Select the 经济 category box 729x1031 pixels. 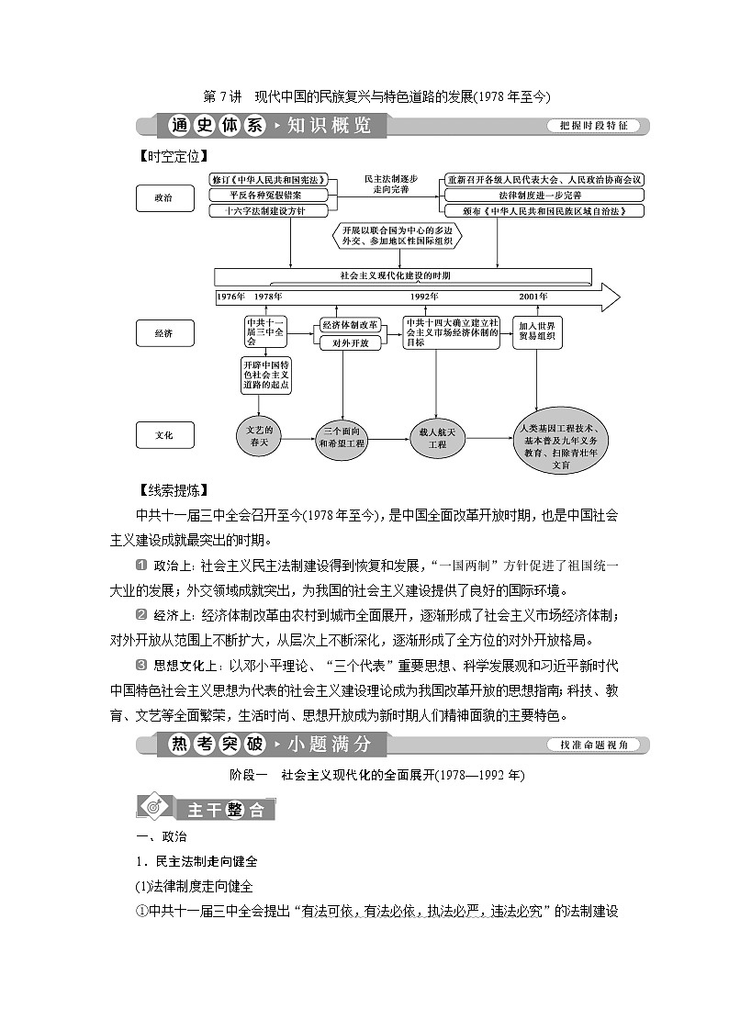[163, 333]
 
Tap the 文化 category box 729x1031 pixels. [163, 434]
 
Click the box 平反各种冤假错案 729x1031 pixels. [267, 196]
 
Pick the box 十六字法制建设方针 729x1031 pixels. [267, 210]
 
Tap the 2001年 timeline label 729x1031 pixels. [533, 297]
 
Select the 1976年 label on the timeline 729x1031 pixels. [230, 297]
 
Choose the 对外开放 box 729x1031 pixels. [350, 342]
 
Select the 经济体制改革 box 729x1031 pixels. [350, 325]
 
